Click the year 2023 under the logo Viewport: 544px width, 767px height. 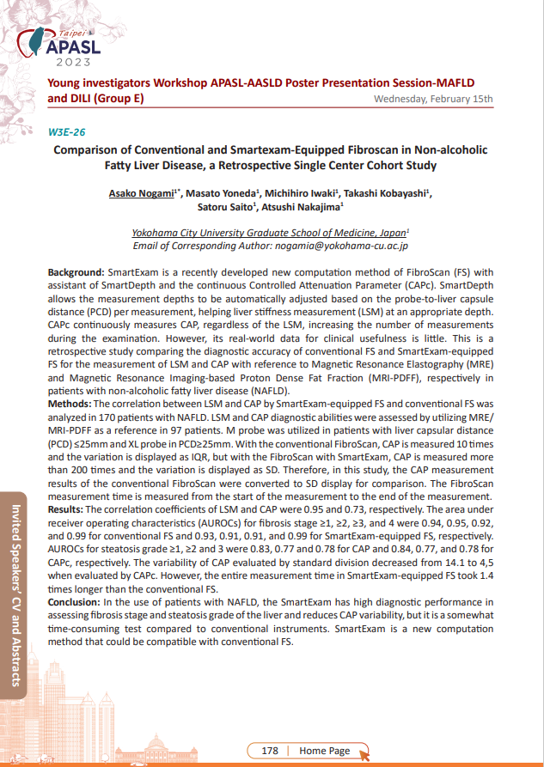pos(76,63)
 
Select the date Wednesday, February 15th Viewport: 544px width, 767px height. pos(433,99)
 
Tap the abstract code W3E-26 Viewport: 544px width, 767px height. pos(68,131)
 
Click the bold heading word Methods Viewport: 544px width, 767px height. pos(69,403)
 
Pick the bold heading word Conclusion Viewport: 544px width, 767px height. pos(74,604)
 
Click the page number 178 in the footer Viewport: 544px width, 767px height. pos(269,751)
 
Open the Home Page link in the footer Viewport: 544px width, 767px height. pos(324,751)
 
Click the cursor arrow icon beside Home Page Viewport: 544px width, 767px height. pos(364,754)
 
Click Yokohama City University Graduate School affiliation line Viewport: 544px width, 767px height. pos(269,233)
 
